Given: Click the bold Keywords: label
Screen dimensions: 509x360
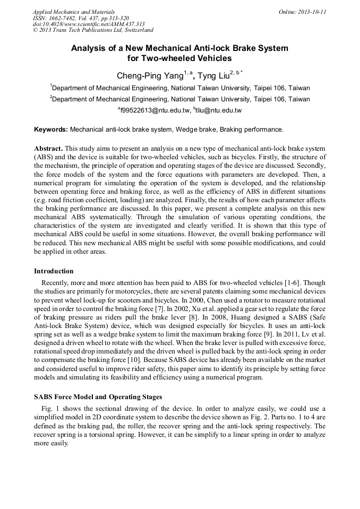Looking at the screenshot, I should point(51,130).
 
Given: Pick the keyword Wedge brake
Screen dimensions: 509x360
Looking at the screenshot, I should point(196,130).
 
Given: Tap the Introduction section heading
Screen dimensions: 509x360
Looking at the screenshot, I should point(54,271).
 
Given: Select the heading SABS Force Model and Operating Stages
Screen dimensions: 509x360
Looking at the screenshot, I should point(98,397).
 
